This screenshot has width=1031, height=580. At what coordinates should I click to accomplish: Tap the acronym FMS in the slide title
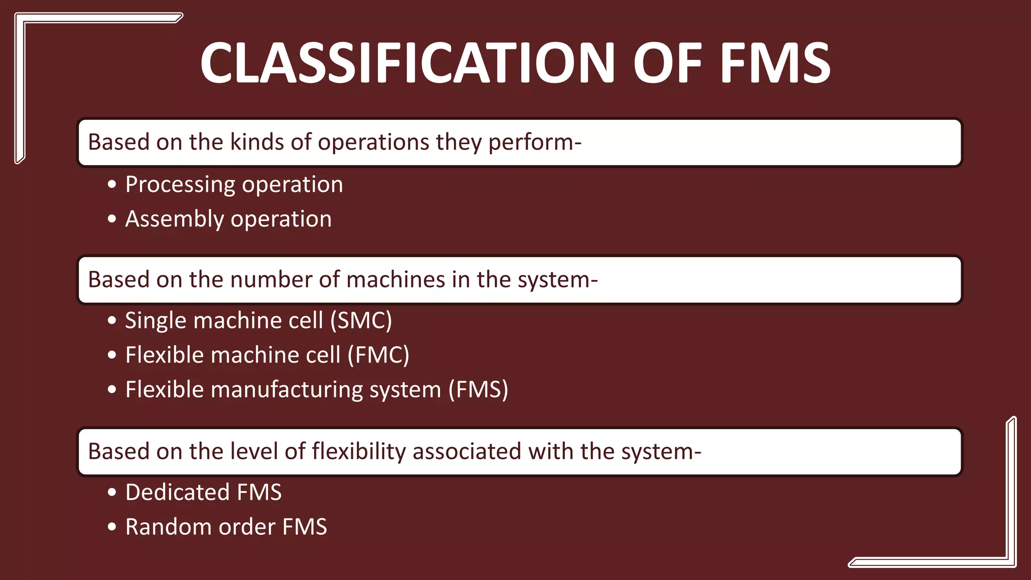pyautogui.click(x=775, y=63)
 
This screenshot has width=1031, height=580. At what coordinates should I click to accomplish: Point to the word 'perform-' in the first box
pyautogui.click(x=535, y=142)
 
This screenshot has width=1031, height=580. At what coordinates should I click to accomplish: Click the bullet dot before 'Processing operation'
pyautogui.click(x=112, y=184)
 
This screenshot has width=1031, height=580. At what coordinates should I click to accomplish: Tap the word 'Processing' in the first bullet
pyautogui.click(x=180, y=185)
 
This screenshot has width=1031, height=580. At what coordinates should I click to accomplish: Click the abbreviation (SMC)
pyautogui.click(x=361, y=321)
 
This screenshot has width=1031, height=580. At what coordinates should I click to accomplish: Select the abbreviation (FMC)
pyautogui.click(x=378, y=355)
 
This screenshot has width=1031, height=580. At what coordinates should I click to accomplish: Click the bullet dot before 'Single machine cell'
pyautogui.click(x=112, y=321)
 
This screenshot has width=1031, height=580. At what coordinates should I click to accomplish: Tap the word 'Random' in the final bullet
pyautogui.click(x=168, y=527)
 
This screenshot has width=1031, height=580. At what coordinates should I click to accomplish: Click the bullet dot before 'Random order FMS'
pyautogui.click(x=112, y=527)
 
